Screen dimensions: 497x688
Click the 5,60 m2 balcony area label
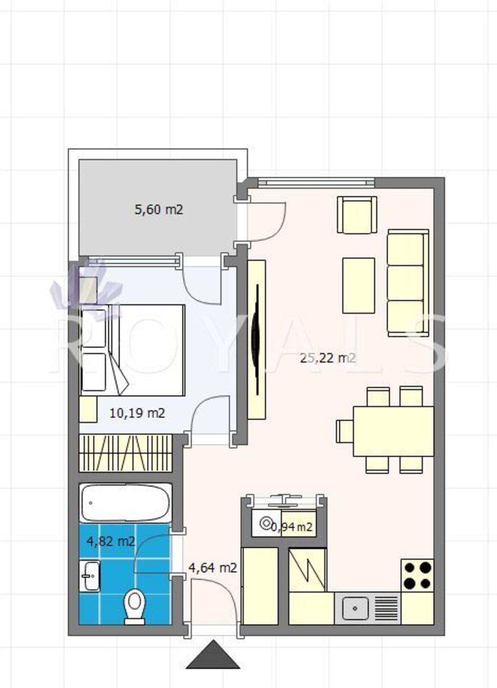click(159, 210)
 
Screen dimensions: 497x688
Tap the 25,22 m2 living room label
click(328, 358)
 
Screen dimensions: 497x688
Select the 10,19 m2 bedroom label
click(137, 413)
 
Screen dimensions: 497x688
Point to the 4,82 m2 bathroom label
click(111, 541)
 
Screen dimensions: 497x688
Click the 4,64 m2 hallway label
click(213, 568)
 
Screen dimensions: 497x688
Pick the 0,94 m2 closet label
click(292, 527)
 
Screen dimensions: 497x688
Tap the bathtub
click(125, 503)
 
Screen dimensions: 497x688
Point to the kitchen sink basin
click(355, 608)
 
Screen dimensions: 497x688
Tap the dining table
click(393, 431)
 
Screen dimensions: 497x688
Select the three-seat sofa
click(408, 283)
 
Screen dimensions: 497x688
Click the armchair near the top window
click(357, 215)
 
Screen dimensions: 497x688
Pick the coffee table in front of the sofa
click(359, 285)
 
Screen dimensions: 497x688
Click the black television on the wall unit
click(256, 340)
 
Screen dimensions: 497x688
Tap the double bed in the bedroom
click(133, 350)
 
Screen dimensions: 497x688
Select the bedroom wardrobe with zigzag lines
click(126, 453)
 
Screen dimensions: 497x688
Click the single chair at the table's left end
click(345, 431)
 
